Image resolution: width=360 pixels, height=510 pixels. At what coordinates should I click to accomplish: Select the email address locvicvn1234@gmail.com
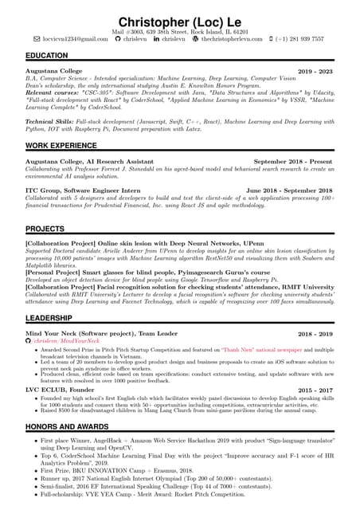(76, 38)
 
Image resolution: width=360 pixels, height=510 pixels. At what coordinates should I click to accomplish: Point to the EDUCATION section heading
(46, 55)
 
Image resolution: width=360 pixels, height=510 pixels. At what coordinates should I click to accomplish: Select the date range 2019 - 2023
(315, 72)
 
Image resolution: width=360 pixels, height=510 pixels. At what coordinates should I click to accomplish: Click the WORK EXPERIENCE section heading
(61, 146)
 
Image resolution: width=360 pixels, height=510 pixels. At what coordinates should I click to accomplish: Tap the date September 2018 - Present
(292, 161)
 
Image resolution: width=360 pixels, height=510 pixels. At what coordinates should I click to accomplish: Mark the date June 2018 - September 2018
(289, 191)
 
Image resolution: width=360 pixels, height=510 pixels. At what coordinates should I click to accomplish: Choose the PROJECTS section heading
(45, 229)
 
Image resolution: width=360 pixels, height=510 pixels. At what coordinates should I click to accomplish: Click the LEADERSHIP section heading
(49, 317)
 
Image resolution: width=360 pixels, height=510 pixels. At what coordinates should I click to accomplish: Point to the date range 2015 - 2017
(315, 390)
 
